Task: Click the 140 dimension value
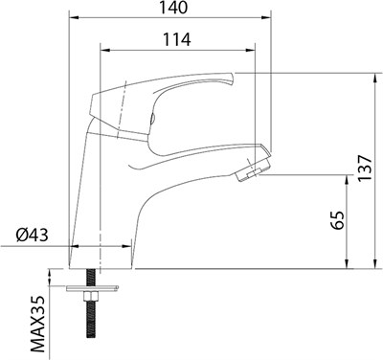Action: tap(173, 8)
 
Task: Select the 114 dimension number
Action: tap(177, 40)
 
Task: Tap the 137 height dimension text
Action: tap(365, 169)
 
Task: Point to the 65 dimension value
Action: tap(337, 220)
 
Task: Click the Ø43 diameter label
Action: tap(33, 236)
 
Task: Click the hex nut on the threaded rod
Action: tap(90, 297)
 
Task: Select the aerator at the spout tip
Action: tap(253, 170)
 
